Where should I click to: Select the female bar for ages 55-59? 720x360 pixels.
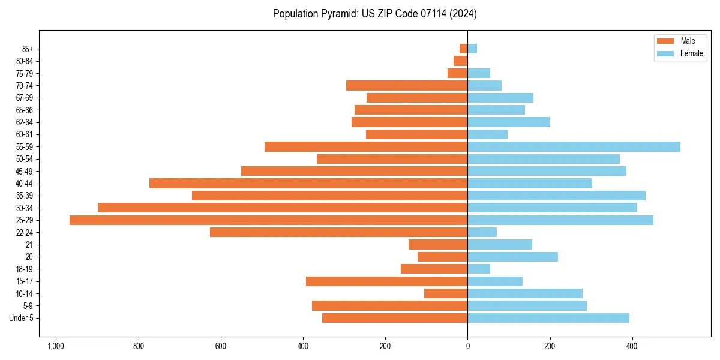[574, 147]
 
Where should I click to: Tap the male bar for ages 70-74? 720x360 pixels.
[407, 86]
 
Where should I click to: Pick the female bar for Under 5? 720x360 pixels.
[548, 318]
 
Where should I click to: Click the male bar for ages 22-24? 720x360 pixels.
[338, 232]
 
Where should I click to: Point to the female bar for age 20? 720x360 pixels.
[512, 257]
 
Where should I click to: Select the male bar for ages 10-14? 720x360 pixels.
[446, 293]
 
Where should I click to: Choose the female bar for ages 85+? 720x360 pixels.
[472, 49]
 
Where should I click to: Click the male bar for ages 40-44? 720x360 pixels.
[308, 184]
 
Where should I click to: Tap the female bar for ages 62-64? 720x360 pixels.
[509, 122]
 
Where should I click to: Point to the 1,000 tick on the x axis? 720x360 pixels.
[56, 346]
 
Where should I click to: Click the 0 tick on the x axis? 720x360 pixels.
[467, 346]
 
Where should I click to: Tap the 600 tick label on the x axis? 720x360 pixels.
[221, 346]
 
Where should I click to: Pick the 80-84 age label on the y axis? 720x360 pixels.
[24, 61]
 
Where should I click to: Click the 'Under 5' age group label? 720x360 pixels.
[21, 318]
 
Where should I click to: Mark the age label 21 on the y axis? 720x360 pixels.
[29, 245]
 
